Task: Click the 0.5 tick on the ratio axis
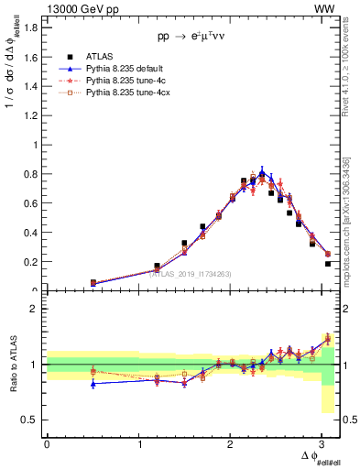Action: (30, 420)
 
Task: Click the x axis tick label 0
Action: (47, 444)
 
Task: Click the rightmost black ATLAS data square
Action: (327, 264)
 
